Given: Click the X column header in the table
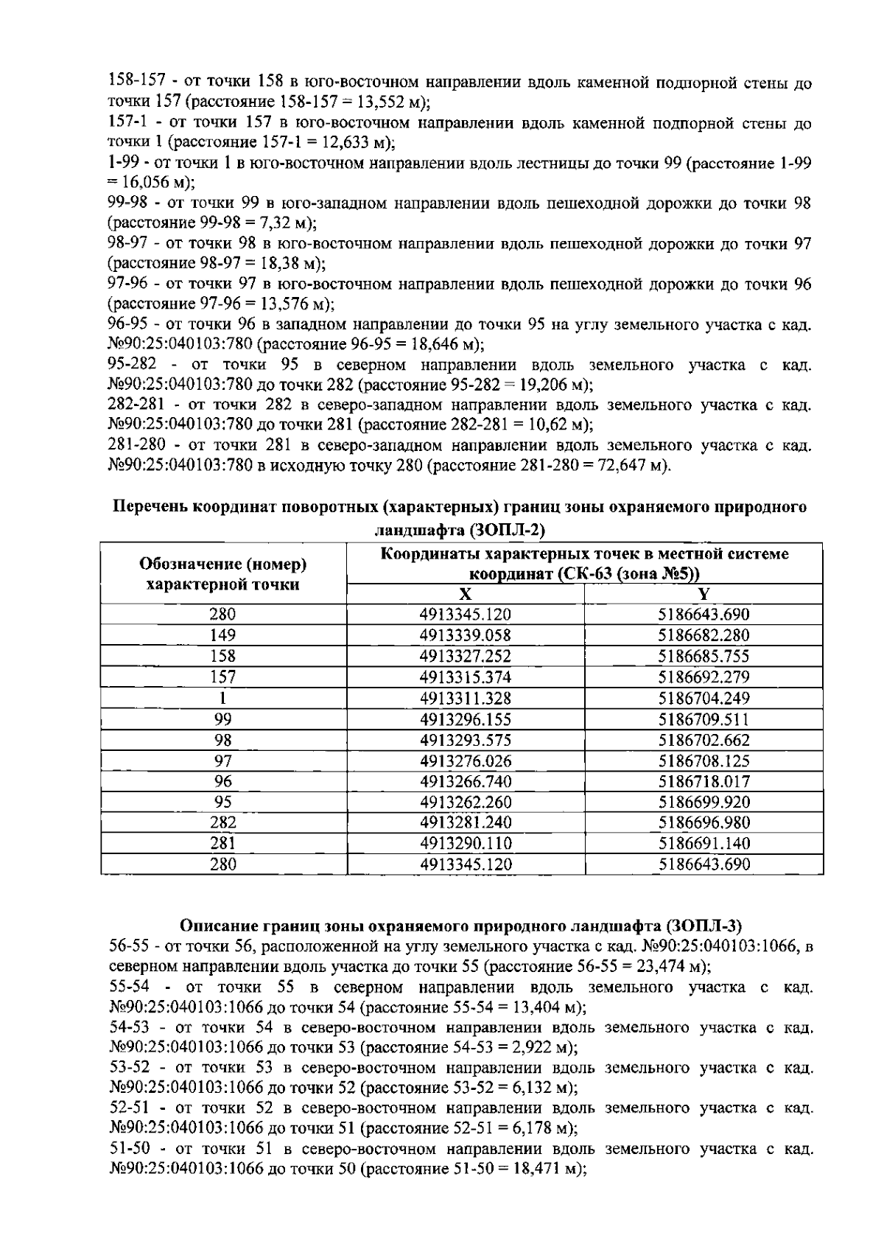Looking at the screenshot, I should (465, 595).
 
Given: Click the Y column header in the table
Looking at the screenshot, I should (704, 595).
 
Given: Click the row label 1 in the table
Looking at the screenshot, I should (223, 698).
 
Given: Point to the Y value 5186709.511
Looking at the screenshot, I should (704, 719).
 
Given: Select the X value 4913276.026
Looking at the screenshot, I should (465, 761).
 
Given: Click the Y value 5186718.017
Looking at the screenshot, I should (704, 781).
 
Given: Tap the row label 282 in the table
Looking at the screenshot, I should (223, 822).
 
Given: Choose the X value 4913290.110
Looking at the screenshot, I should (465, 843).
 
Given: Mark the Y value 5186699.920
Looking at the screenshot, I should (704, 802).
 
